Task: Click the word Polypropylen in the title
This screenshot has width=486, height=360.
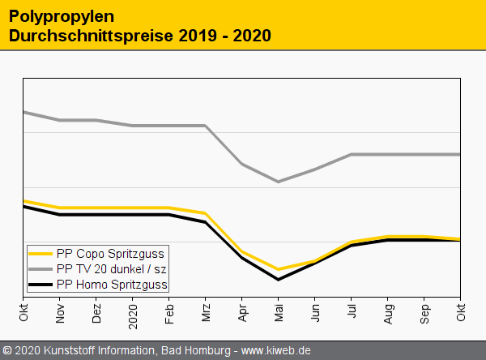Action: tap(62, 16)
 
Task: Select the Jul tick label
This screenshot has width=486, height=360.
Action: tap(352, 311)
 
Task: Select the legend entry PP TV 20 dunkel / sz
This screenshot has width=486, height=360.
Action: tap(112, 268)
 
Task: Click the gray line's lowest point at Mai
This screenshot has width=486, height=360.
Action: tap(279, 182)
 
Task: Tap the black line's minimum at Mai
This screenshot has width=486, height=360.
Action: tap(279, 280)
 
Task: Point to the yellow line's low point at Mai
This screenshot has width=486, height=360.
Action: tap(279, 269)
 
